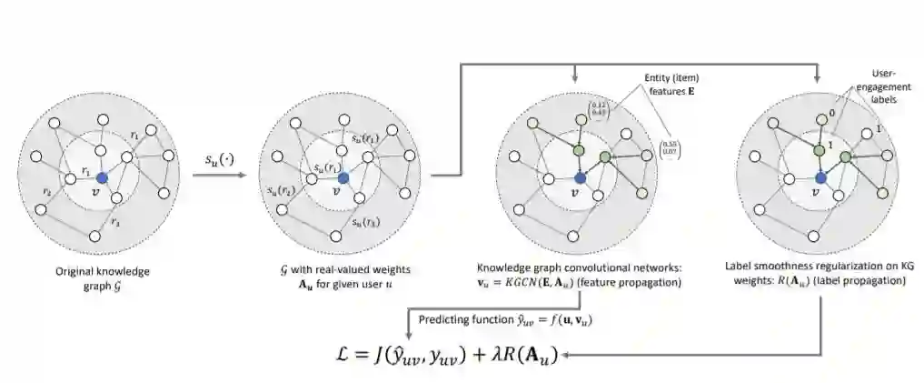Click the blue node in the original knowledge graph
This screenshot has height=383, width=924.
pos(102,176)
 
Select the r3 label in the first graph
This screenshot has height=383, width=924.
pos(114,222)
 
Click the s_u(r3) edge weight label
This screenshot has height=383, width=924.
pos(367,222)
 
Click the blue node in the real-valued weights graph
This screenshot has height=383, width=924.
pos(340,176)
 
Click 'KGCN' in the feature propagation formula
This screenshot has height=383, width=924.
pos(538,284)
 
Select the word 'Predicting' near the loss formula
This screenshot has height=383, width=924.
pos(444,319)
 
